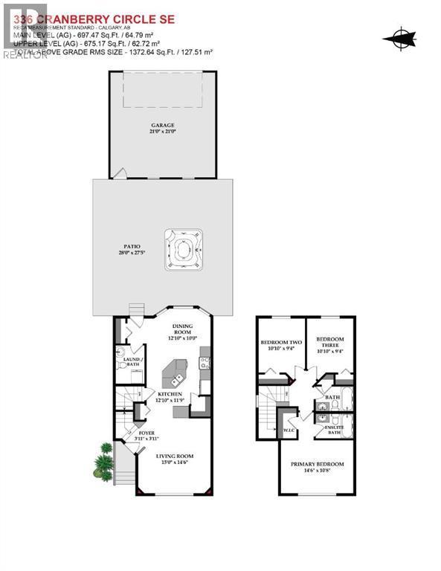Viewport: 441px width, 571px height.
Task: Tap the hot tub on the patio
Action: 183,247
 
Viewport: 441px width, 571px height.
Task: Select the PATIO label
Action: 133,246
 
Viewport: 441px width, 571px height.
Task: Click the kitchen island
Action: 178,370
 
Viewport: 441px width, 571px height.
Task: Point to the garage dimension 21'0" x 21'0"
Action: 164,132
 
